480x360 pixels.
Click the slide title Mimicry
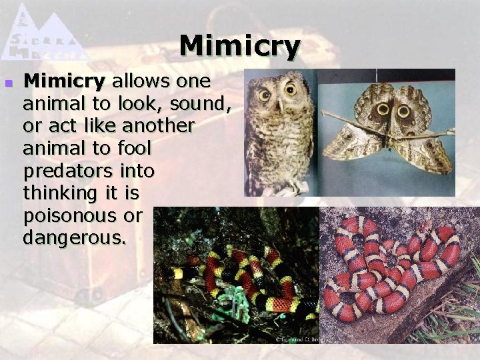pyautogui.click(x=240, y=47)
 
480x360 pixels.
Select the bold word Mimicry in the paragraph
pyautogui.click(x=64, y=82)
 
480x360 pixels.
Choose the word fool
pyautogui.click(x=135, y=148)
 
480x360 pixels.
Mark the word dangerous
pyautogui.click(x=73, y=238)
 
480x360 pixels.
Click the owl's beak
pyautogui.click(x=279, y=104)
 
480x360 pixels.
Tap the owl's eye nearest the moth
pyautogui.click(x=291, y=89)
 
